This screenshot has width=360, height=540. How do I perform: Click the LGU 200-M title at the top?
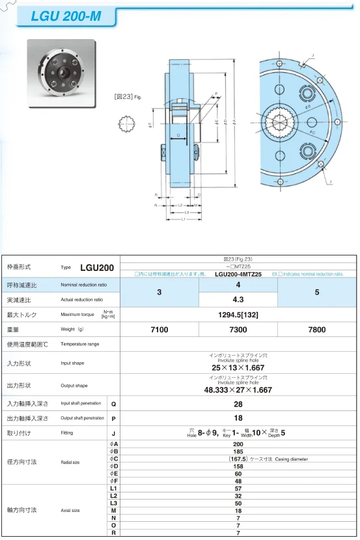[x=66, y=16]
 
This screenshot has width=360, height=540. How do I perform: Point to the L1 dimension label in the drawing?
[x=184, y=220]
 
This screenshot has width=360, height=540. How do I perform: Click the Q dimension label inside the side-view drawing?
[x=178, y=135]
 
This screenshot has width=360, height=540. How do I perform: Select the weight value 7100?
[x=159, y=330]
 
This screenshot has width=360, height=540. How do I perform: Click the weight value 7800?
[x=316, y=330]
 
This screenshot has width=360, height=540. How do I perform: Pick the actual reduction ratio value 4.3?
[x=238, y=300]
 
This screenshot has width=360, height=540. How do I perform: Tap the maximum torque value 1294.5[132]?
[x=238, y=315]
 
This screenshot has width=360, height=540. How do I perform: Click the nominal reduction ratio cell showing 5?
[x=316, y=292]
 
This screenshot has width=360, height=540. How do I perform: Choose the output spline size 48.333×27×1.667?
[x=238, y=390]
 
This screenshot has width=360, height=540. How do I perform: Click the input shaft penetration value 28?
[x=238, y=405]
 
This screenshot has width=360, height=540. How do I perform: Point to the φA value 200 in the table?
[x=238, y=444]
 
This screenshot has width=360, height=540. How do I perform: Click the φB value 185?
[x=238, y=451]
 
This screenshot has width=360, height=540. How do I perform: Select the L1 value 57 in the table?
[x=238, y=488]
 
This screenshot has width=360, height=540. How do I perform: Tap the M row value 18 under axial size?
[x=238, y=511]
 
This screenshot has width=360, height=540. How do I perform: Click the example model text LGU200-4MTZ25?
[x=238, y=274]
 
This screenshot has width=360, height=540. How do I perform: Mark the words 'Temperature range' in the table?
[x=80, y=344]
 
